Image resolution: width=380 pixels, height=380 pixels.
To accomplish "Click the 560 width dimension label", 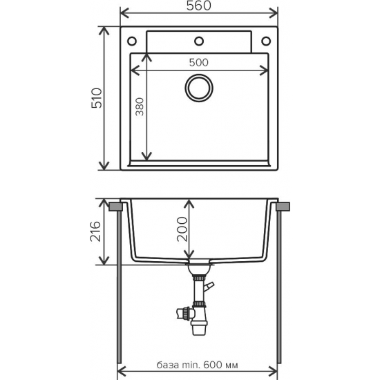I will [x=199, y=7].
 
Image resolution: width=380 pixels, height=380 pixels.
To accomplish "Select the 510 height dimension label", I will [x=97, y=99].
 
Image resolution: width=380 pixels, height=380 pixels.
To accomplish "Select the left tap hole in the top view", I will [x=133, y=39].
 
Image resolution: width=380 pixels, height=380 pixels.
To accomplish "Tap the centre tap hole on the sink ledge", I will [x=199, y=39].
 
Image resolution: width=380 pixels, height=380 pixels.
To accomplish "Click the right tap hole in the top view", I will [x=265, y=39].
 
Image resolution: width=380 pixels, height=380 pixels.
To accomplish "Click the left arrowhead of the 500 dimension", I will [x=134, y=69].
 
